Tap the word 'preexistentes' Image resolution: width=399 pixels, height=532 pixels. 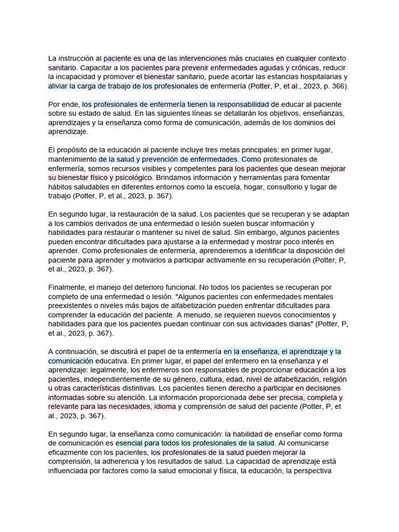tap(73, 306)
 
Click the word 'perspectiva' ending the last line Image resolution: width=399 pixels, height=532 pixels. tap(320, 471)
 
